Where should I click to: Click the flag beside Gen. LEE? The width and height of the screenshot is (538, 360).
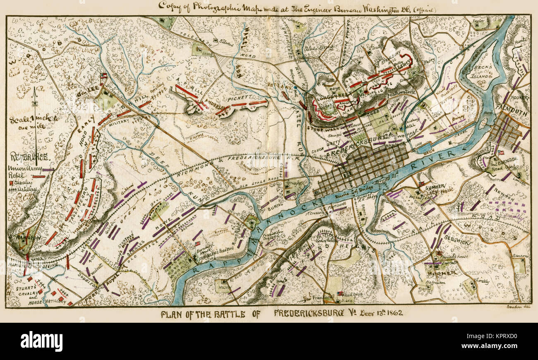coord(103,76)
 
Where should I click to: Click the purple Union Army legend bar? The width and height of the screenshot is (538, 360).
coord(48,170)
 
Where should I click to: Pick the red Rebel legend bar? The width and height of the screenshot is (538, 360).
coord(39,176)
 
